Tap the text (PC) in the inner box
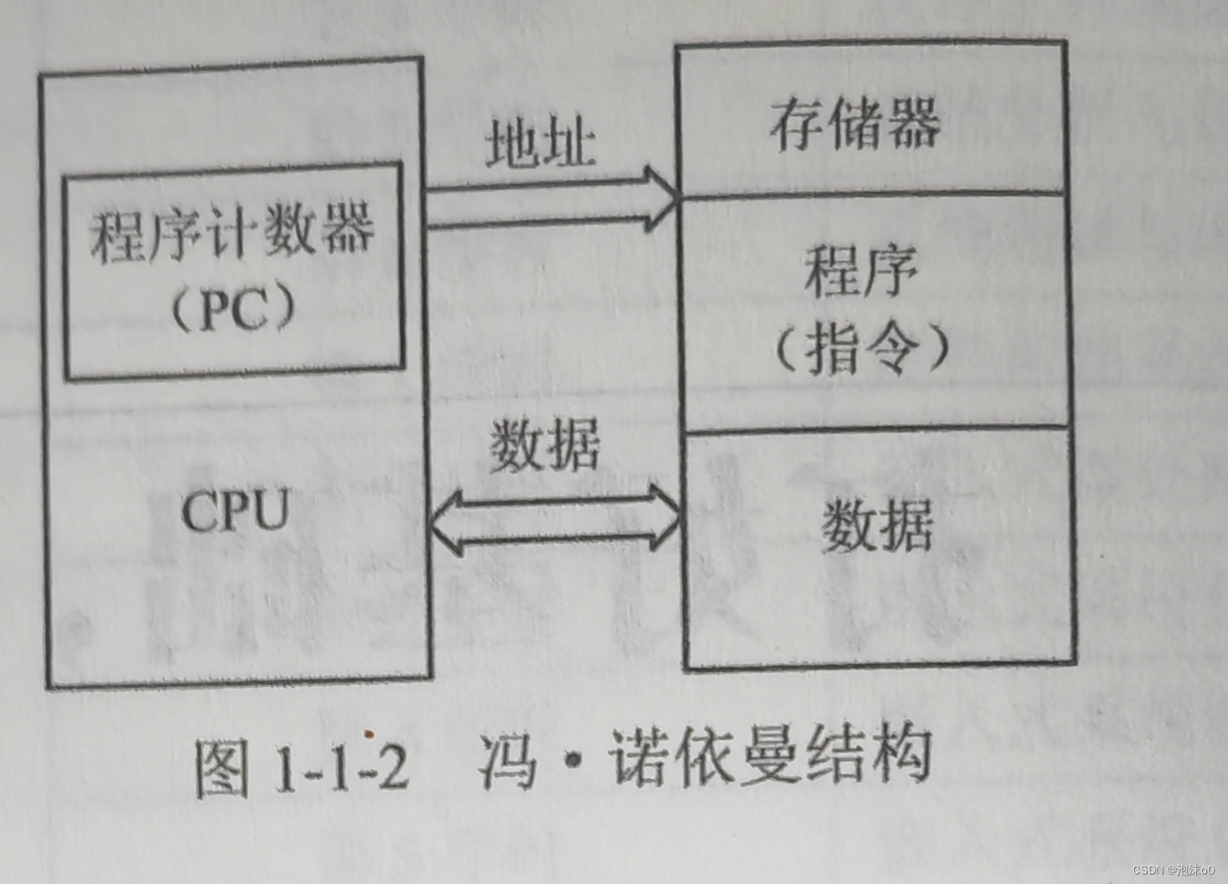click(233, 309)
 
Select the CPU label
click(236, 511)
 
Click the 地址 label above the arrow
click(541, 142)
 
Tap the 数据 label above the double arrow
click(545, 447)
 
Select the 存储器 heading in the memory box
click(854, 124)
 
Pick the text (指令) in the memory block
click(860, 348)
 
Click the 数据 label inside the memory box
click(877, 526)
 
